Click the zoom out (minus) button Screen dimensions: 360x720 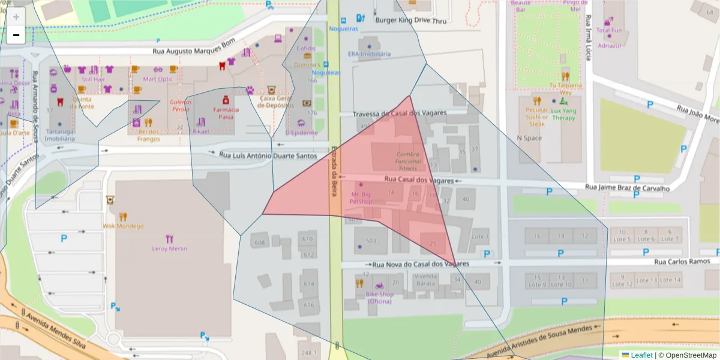click(x=16, y=35)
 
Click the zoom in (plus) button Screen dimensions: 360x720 click(x=16, y=17)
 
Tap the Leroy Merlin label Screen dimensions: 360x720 click(x=170, y=248)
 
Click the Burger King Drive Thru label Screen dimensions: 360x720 click(x=410, y=20)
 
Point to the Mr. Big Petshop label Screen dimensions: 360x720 click(x=361, y=198)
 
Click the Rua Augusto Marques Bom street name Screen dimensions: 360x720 click(x=194, y=52)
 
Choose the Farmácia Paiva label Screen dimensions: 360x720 click(x=226, y=113)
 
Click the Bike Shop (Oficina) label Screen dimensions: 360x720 click(x=379, y=298)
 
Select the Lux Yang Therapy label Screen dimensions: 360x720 click(x=563, y=114)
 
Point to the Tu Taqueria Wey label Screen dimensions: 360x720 click(x=565, y=89)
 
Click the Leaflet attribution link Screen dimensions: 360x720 click(x=641, y=355)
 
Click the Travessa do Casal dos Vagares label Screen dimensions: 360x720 click(x=408, y=113)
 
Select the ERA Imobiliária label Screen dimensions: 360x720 click(x=369, y=53)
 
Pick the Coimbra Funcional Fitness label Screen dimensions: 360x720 click(x=408, y=161)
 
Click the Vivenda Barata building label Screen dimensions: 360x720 click(x=425, y=279)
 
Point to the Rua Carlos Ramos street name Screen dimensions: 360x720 click(x=682, y=262)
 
